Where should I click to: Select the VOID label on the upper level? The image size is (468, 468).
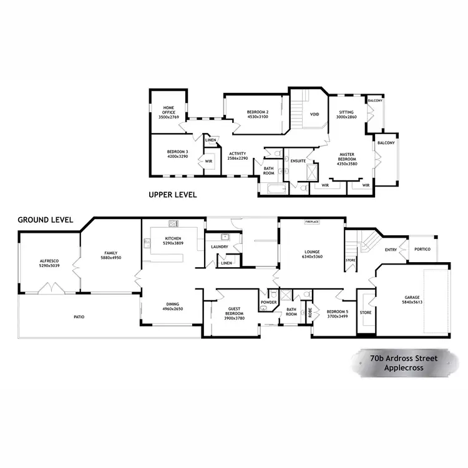coord(314,114)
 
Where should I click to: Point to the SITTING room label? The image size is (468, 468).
coord(346,114)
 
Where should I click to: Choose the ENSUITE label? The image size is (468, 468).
coord(298,161)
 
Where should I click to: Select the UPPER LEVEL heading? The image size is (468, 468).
coord(173,195)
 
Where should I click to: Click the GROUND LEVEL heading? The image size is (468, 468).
coord(46,220)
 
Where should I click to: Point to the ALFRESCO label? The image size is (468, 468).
coord(49,261)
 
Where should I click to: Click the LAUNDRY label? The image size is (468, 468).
coord(219,247)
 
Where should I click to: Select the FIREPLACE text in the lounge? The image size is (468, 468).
coord(312,222)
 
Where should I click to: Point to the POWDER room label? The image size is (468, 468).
coord(269,303)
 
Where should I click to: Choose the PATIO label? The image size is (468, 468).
coord(79,317)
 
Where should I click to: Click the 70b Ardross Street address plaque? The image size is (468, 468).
coord(402,363)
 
